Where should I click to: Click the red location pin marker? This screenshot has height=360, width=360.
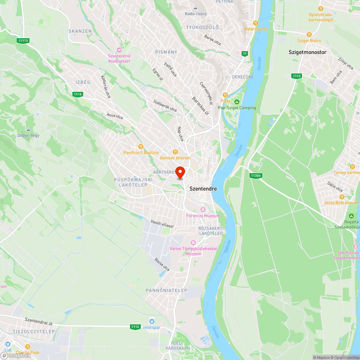(x=180, y=172)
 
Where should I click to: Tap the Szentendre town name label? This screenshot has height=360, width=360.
(x=203, y=188)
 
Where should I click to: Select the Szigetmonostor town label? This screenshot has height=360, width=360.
(x=307, y=52)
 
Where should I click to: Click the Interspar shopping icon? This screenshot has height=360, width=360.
(x=152, y=321)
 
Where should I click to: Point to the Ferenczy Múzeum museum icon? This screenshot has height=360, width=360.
(x=203, y=210)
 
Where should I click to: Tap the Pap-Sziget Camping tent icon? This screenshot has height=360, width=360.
(x=237, y=102)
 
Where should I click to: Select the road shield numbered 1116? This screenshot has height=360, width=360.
(x=78, y=94)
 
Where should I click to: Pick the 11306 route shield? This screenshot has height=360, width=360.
(x=255, y=175)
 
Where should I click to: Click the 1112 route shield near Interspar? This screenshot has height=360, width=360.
(x=135, y=327)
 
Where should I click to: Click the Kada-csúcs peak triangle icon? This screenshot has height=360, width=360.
(x=195, y=8)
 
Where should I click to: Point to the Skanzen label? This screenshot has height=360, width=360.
(x=80, y=31)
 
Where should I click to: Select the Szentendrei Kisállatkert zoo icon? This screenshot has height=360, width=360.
(x=119, y=50)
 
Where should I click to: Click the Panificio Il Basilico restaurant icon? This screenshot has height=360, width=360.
(x=141, y=147)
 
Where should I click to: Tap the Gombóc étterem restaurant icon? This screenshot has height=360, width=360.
(x=175, y=152)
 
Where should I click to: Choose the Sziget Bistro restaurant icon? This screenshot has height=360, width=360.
(x=309, y=35)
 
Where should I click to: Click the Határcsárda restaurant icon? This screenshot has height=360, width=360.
(x=256, y=23)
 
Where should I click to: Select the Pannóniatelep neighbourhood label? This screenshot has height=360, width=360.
(x=167, y=290)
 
